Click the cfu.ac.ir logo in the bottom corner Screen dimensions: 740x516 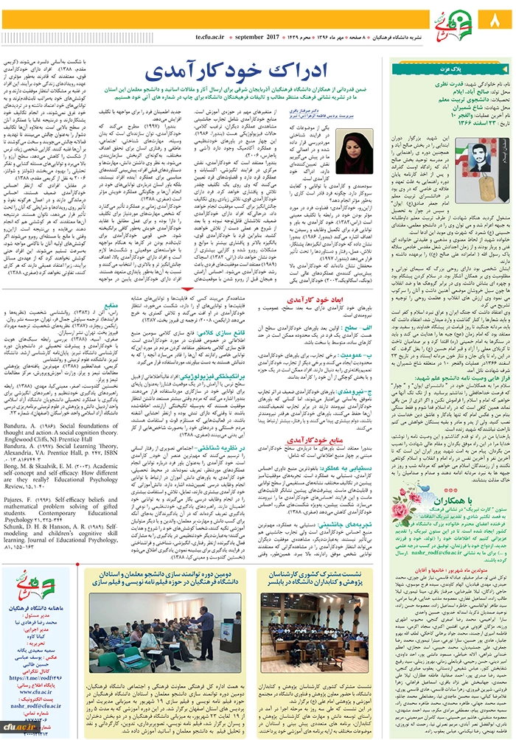click(x=14, y=730)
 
